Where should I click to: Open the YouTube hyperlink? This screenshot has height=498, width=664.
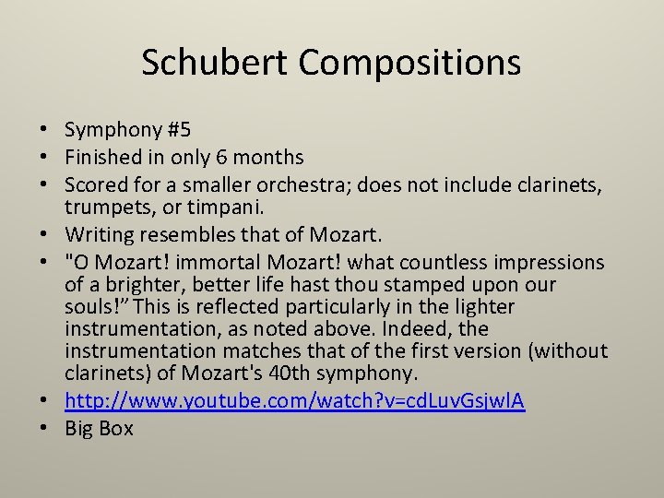click(x=295, y=401)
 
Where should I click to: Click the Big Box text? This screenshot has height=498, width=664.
click(x=99, y=429)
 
